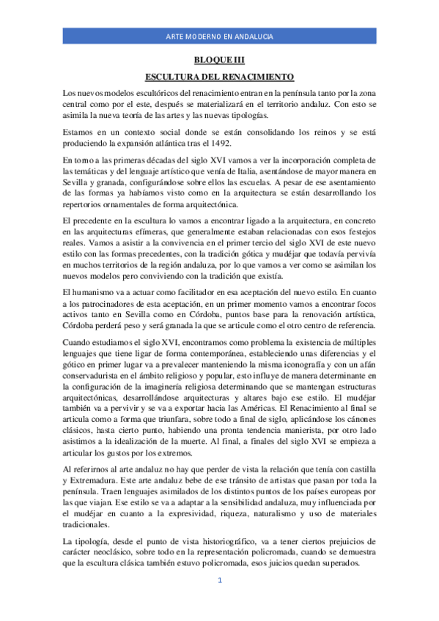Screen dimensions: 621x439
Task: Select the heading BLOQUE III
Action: [219, 61]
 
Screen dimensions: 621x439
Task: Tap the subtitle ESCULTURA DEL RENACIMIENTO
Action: [219, 76]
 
